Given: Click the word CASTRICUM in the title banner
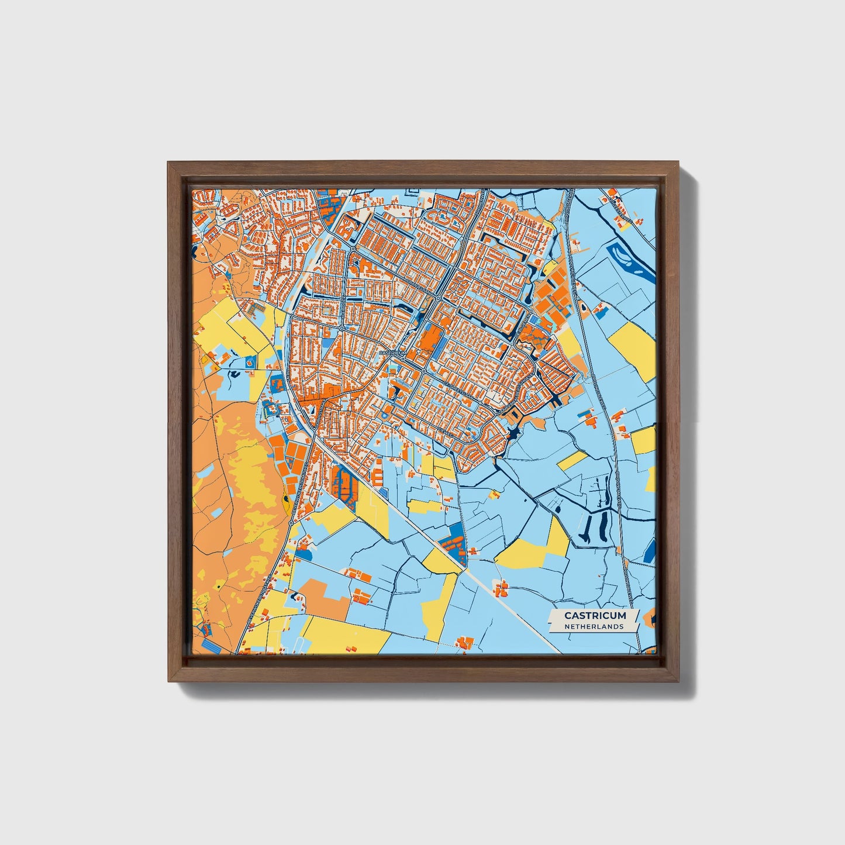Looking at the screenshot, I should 595,615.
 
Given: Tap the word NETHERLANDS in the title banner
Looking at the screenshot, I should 594,626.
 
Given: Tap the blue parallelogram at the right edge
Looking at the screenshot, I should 651,550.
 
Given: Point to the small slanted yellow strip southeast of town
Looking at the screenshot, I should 571,460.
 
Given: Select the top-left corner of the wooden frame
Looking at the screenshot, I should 170,164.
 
